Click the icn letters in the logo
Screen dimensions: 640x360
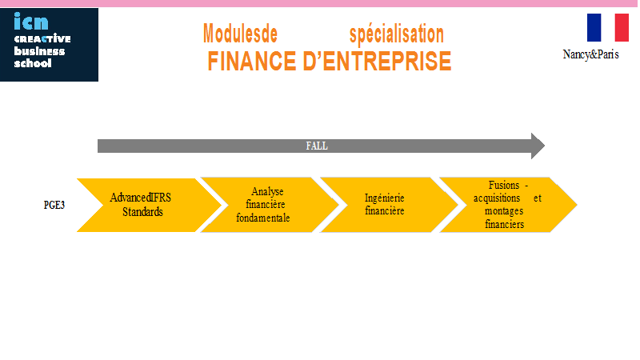[x=31, y=22]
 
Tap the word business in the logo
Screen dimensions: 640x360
[x=39, y=51]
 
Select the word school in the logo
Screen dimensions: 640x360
[x=33, y=63]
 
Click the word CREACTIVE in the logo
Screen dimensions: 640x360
[x=42, y=38]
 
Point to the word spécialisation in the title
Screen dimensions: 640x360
[x=396, y=34]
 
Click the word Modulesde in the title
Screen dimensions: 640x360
[x=241, y=34]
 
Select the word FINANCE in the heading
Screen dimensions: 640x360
[x=252, y=62]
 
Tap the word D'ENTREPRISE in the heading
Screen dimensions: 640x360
[x=377, y=62]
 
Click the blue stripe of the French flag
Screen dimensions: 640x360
[x=594, y=27]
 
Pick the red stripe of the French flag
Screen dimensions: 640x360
[x=622, y=27]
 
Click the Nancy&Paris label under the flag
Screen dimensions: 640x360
[x=590, y=54]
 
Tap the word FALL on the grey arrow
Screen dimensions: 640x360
[x=317, y=146]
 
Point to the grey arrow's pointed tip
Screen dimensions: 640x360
[x=545, y=146]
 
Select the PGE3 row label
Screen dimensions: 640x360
[x=54, y=205]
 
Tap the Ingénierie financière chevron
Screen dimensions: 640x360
[x=389, y=205]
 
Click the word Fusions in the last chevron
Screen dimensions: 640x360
[x=504, y=186]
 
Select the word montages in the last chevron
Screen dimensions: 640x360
[x=504, y=211]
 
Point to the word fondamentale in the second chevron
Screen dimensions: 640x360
[x=263, y=218]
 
